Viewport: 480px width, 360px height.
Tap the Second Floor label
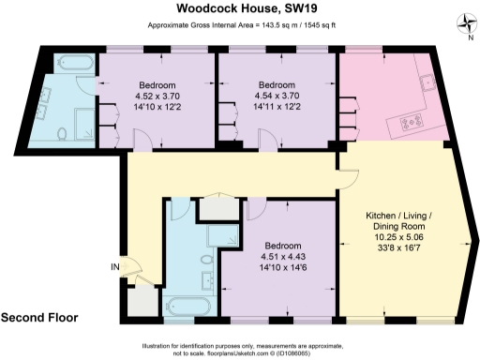(x=46, y=317)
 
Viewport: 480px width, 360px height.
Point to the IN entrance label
(x=114, y=267)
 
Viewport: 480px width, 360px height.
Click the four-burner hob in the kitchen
(x=412, y=121)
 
